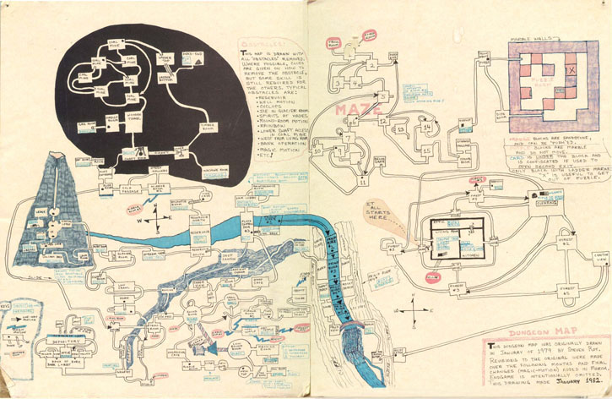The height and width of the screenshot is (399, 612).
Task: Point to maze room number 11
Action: click(x=362, y=180)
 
